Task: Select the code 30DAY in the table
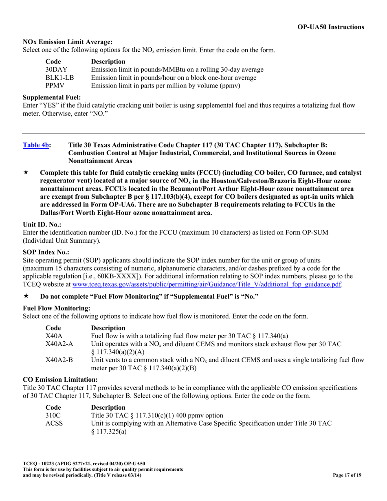tap(56, 70)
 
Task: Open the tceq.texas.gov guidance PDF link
tap(207, 284)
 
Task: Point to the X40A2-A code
tap(59, 344)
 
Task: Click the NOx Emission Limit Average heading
tap(67, 42)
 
